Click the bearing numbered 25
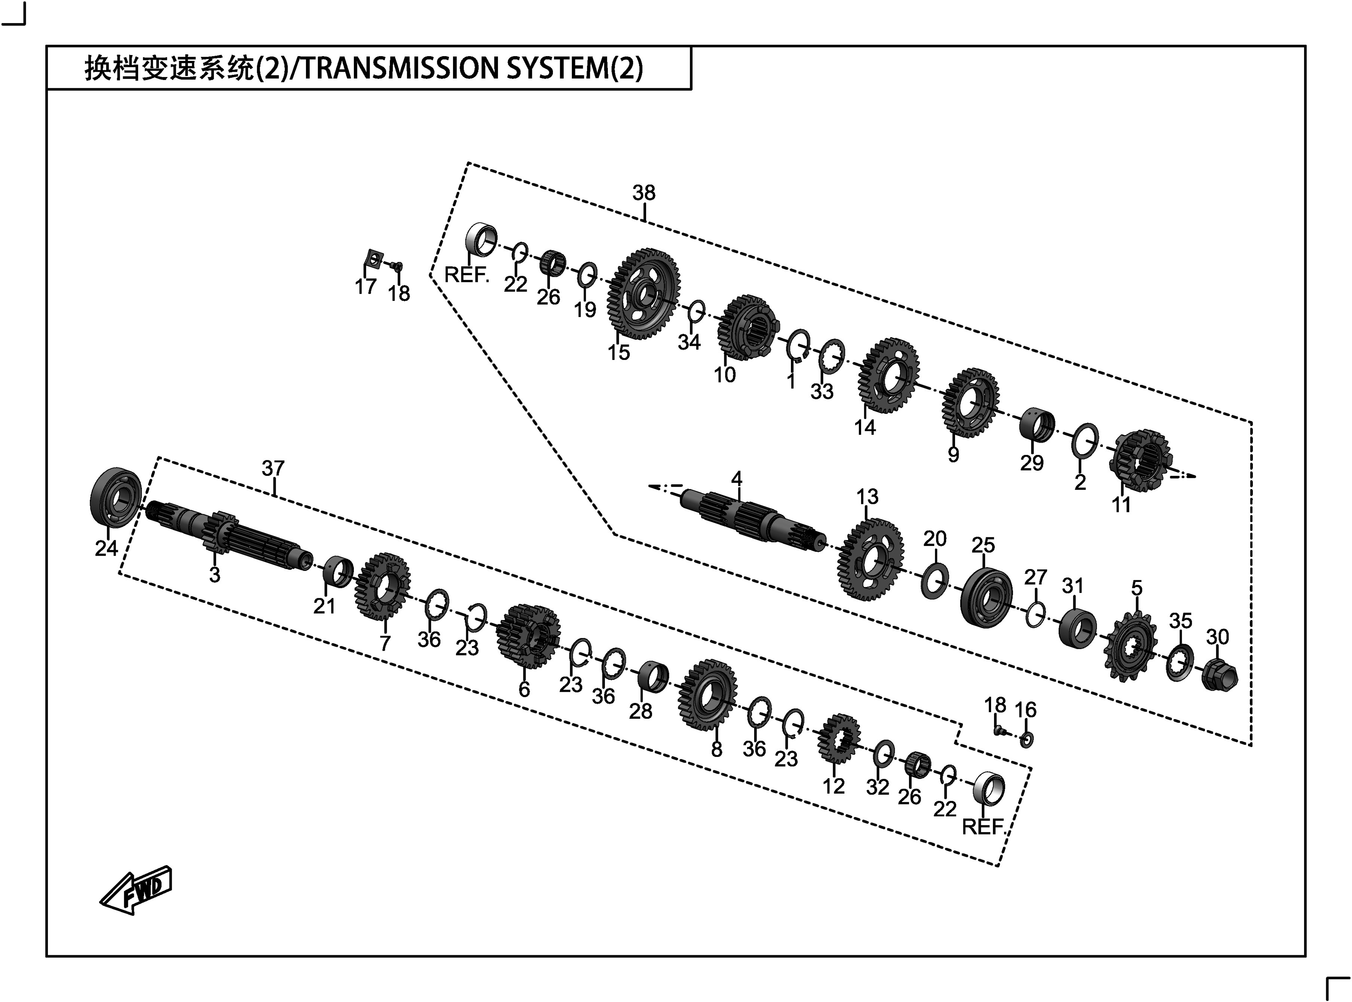point(986,598)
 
